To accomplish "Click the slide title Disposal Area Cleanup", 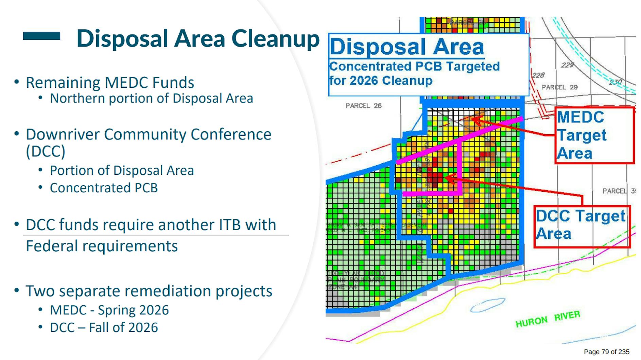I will coord(198,38).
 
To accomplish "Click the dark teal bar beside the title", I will coord(41,36).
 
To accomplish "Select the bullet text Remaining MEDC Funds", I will coord(110,83).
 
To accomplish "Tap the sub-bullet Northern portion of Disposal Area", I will coord(151,98).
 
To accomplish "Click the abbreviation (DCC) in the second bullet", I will coord(46,151).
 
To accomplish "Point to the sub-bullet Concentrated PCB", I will coord(104,188).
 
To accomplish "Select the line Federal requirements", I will coord(102,246).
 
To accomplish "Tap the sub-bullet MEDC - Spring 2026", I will coord(109,310).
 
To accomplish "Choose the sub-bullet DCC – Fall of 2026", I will coord(104,327).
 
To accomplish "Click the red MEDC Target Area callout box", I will coord(594,135).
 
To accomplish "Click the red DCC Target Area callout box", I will coord(582,226).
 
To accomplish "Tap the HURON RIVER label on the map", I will coord(548,319).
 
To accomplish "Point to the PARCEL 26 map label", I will coord(363,106).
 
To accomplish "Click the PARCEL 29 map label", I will coord(559,87).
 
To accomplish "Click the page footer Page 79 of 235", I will coord(606,352).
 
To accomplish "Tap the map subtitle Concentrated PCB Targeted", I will coord(414,66).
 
